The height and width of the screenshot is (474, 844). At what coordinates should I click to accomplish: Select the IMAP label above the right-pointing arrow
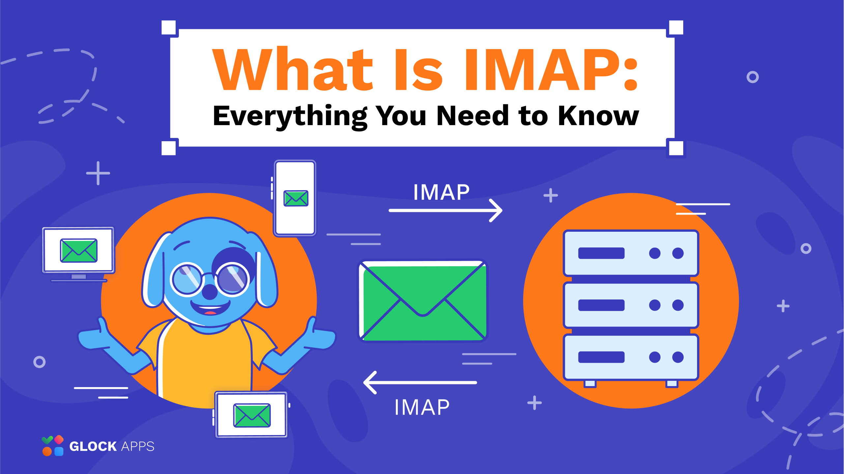tap(441, 192)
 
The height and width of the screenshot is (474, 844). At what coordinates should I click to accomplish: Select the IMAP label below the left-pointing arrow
tap(422, 407)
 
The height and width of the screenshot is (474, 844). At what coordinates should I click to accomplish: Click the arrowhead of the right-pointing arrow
tap(496, 210)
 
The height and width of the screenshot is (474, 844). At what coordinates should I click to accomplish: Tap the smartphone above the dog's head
tap(295, 198)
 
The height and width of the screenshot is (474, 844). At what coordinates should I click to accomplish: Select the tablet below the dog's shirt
tap(251, 415)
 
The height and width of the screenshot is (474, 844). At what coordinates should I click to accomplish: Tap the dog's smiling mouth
tap(210, 308)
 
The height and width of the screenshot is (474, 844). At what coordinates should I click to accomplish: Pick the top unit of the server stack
tap(631, 253)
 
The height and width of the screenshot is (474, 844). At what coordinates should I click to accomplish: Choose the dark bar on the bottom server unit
tap(601, 357)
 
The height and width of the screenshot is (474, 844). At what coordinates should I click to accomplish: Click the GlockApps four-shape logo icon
tap(52, 446)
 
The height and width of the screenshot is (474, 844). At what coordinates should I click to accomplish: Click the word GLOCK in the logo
tap(93, 446)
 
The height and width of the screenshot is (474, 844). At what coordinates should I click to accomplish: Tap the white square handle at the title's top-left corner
tap(169, 28)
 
